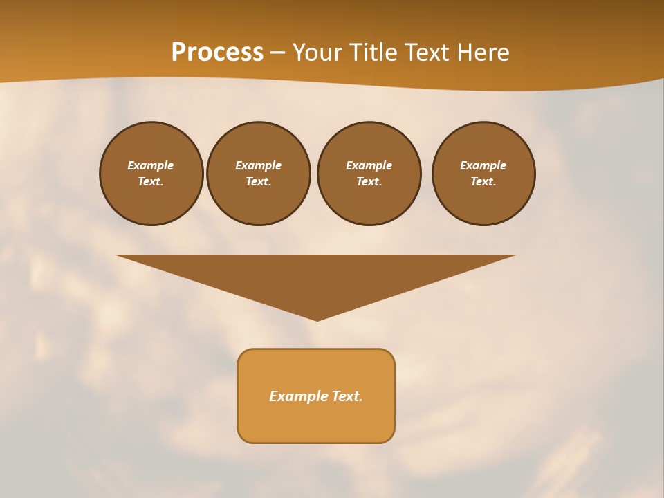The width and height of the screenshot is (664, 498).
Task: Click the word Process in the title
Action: coord(217,53)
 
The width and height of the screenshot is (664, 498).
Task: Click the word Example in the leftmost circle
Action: coord(150,165)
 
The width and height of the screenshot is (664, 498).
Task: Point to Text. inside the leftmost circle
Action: coord(150,181)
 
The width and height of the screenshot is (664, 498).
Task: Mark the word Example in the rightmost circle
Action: coord(483,165)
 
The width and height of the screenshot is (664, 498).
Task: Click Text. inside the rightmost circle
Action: coord(483,181)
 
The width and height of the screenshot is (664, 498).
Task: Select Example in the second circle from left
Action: coord(258,165)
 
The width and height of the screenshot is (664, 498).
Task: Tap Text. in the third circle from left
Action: coord(369,181)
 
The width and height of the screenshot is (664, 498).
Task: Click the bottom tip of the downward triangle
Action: coord(317,319)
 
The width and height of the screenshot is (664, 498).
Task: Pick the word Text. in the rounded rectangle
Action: coord(347,396)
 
